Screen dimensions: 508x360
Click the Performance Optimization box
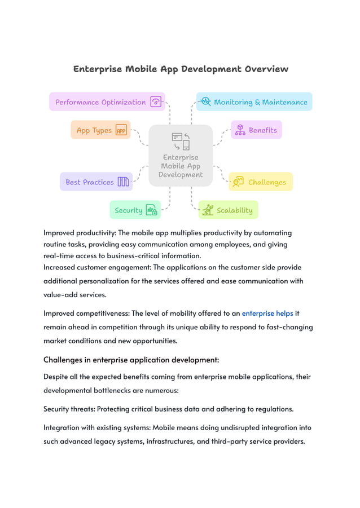(x=107, y=102)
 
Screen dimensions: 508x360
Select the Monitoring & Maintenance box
(x=254, y=102)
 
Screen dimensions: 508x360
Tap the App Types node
(x=100, y=130)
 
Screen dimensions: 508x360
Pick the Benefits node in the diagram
(x=256, y=130)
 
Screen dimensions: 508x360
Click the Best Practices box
(x=96, y=182)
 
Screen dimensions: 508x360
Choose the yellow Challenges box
(x=260, y=182)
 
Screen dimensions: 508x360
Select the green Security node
(x=135, y=210)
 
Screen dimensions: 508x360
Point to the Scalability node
(x=228, y=210)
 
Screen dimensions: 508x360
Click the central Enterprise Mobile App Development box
(x=181, y=156)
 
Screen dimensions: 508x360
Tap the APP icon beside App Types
(x=121, y=130)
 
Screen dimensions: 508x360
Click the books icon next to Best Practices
(x=123, y=182)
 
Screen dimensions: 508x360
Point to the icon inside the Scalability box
(x=208, y=210)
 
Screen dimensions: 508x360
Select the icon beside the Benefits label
(x=240, y=130)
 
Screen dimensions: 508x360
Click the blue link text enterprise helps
(x=267, y=313)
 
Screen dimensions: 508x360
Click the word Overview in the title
(x=266, y=69)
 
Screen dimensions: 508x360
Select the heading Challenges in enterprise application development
(x=131, y=360)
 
